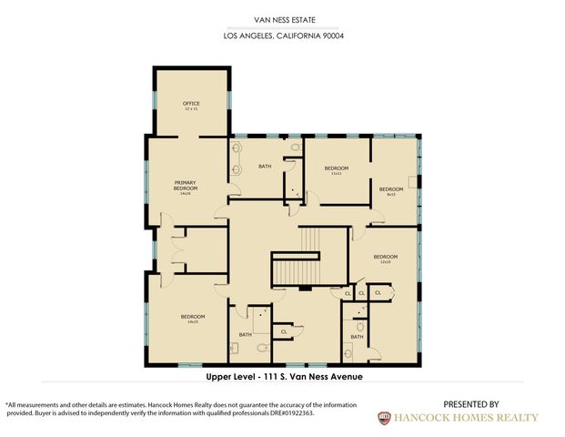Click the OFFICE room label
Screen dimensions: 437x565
(x=192, y=105)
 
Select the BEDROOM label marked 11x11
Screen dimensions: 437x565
(x=336, y=169)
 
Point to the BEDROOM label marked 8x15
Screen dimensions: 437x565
(x=391, y=190)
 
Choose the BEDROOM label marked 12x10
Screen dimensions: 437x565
(x=385, y=259)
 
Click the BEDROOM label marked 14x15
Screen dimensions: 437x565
(x=192, y=319)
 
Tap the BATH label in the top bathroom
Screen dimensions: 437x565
(x=265, y=167)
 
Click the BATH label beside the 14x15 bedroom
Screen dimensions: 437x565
(x=245, y=335)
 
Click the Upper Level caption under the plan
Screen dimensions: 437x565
(x=285, y=375)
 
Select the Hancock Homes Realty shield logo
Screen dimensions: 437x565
(x=385, y=418)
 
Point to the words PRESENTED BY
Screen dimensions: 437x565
(x=470, y=404)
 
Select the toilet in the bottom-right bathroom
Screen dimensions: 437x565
(x=360, y=325)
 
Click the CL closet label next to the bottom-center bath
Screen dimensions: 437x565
(x=284, y=331)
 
